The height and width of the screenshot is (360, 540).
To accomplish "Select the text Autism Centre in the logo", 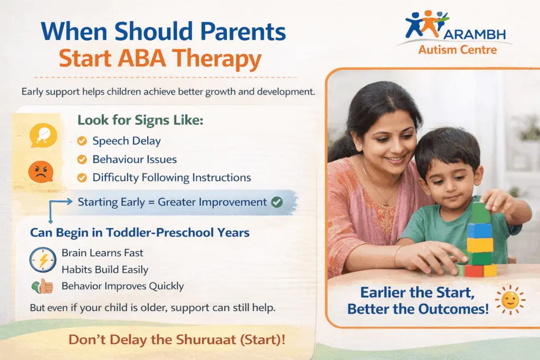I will point(457,50).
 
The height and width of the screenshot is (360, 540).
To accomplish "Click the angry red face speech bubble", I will point(40,172).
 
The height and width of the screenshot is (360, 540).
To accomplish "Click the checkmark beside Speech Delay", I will point(82,141).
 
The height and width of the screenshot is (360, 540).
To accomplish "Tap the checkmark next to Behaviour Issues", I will point(82,159).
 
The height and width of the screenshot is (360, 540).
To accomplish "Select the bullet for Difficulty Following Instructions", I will point(82,178).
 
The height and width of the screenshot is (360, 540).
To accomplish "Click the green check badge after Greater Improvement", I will point(276,202).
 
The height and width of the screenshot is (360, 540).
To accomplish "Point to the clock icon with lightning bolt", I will point(43,259).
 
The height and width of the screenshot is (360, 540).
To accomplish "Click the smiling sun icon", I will point(509,300).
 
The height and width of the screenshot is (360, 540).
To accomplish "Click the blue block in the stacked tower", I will point(479,230).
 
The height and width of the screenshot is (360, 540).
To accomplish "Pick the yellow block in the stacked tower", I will point(480,245).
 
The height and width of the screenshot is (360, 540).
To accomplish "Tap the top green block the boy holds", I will point(481,212).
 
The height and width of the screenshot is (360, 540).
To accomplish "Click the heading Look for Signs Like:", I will point(140,120).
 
